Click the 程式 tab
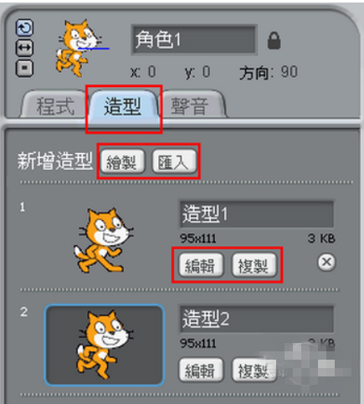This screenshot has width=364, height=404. point(56,107)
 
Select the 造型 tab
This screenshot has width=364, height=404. point(122,106)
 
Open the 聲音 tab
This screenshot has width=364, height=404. point(193,107)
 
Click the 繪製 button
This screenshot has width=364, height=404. point(123,162)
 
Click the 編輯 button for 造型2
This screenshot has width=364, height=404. point(202,369)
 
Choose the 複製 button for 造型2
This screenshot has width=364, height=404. point(254,369)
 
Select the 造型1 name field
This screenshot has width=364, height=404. point(256,214)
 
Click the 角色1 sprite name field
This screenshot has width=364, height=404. point(193,39)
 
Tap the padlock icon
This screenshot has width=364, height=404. point(274,40)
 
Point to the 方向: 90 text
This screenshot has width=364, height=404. point(269,72)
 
